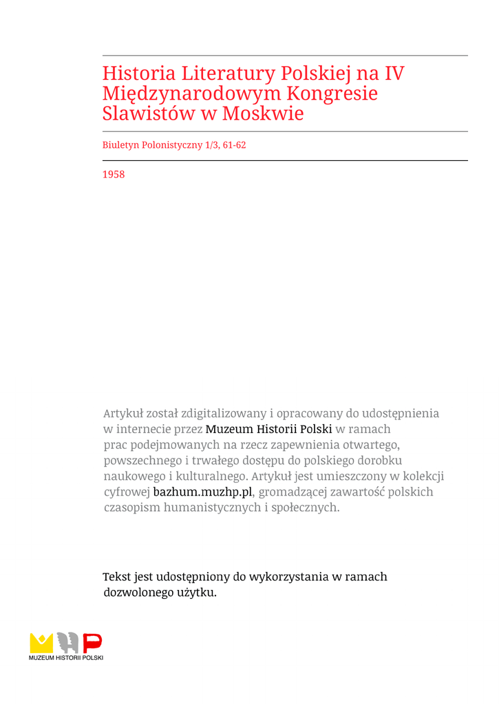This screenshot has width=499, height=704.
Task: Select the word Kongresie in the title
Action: (332, 93)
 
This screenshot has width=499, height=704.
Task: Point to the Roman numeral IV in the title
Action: (394, 73)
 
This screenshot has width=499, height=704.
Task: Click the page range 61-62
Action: (234, 145)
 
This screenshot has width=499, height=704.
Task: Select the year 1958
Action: (114, 175)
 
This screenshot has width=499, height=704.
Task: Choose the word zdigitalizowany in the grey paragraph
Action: (224, 414)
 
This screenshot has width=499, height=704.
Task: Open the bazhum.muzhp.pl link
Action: (203, 492)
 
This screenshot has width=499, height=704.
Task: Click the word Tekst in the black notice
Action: (116, 577)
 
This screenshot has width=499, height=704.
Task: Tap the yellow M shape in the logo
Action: (41, 643)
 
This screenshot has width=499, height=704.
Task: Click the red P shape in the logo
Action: (92, 643)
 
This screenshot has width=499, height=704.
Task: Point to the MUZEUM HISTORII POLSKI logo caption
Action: (66, 658)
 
